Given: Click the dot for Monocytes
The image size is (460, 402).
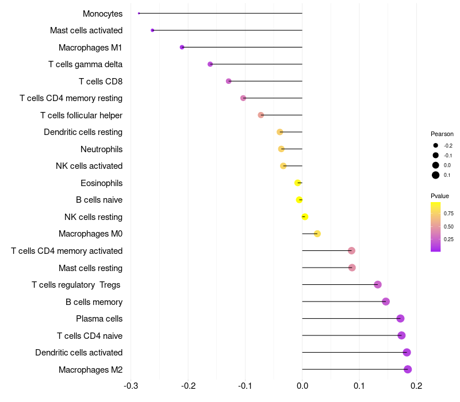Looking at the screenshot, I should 139,13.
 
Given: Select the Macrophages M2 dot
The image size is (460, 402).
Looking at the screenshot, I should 408,369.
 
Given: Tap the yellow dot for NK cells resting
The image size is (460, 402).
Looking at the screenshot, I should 305,217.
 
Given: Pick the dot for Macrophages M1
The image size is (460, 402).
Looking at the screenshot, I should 182,47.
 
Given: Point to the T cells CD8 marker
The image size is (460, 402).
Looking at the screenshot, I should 229,81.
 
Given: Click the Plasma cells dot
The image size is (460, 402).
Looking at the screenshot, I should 400,319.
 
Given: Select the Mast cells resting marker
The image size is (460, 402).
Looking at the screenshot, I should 352,268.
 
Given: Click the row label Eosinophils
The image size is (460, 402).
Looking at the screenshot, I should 101,183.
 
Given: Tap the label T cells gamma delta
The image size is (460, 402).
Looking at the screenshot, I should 85,64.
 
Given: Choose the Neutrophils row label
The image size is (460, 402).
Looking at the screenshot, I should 101,149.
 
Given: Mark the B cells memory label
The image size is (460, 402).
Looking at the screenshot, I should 94,301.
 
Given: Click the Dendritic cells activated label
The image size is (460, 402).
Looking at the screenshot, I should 79,353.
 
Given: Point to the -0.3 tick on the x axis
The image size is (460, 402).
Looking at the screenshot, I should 131,385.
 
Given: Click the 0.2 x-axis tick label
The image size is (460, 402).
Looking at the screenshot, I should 416,385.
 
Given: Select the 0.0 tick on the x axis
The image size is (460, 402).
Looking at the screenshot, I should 302,385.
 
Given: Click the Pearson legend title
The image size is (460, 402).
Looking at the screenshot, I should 442,134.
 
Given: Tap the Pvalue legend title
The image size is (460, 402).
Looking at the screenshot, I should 440,196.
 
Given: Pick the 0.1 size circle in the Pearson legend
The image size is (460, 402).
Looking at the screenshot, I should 436,175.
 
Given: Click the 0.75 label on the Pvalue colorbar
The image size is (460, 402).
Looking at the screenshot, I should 448,214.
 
